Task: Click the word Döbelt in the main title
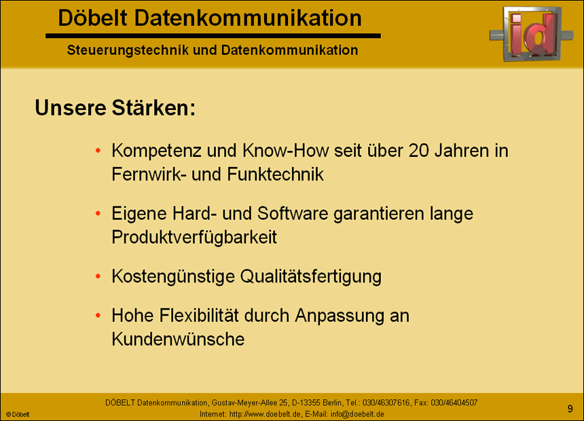[x=91, y=18]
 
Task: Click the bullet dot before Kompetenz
[x=99, y=150]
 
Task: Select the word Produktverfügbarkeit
[x=194, y=237]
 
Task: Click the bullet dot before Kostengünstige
[x=99, y=276]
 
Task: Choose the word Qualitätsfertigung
[x=310, y=276]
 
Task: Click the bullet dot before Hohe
[x=99, y=316]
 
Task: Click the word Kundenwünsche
[x=178, y=339]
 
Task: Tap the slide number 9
[x=570, y=408]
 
